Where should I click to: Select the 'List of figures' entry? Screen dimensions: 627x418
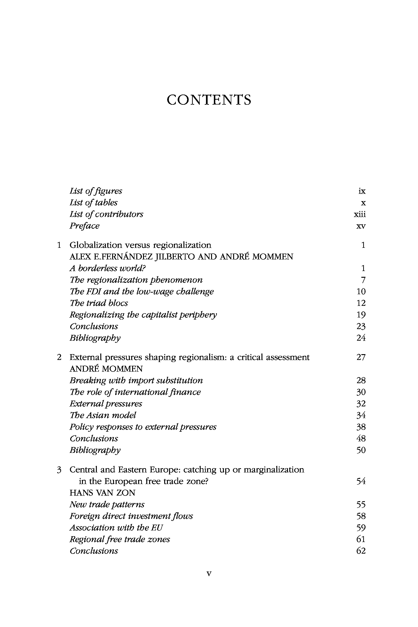coord(96,191)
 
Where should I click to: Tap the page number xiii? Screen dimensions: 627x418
coord(360,214)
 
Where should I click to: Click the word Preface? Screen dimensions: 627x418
coord(84,226)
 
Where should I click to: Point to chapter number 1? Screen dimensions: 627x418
coord(59,245)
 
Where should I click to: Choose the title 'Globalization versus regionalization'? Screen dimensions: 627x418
coord(140,245)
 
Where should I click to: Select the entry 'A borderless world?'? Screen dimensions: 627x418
coord(108,268)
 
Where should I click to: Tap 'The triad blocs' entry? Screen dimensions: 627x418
coord(99,303)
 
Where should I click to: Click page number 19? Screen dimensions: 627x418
coord(361,315)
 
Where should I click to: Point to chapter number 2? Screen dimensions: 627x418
coord(59,357)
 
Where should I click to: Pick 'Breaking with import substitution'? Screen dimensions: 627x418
coord(136,380)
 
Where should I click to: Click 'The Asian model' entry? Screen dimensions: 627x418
coord(103,415)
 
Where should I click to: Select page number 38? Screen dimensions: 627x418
coord(361,427)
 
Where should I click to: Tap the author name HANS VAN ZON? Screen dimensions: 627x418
coord(102,493)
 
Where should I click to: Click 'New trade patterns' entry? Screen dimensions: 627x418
coord(107,504)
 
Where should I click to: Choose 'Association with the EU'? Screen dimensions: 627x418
coord(116,528)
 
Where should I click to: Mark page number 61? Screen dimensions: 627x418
coord(361,539)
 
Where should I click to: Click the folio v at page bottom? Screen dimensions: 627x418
coord(209,573)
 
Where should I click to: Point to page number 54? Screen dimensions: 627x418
coord(361,481)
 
